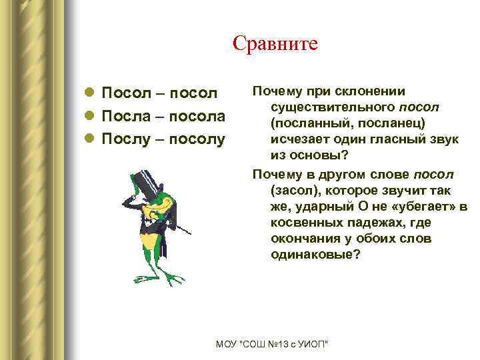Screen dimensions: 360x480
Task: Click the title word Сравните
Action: [275, 43]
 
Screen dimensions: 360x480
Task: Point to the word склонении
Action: [373, 91]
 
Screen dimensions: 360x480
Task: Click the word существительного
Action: [332, 107]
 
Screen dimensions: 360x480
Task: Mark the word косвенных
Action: [307, 222]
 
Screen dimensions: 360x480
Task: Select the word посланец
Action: [381, 123]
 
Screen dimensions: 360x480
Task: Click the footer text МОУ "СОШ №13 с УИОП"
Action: [273, 343]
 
